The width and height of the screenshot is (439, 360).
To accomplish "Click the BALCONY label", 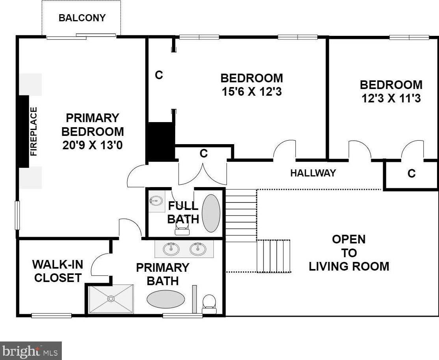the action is (x=82, y=18).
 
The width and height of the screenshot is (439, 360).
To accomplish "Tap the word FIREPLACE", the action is (x=33, y=132).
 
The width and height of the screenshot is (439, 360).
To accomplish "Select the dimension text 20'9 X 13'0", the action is (x=93, y=145).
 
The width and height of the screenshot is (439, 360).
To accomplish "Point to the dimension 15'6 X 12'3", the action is (x=252, y=92).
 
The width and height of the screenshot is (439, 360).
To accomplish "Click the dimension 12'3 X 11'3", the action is (x=391, y=98).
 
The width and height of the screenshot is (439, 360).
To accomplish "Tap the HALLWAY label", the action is (x=313, y=173).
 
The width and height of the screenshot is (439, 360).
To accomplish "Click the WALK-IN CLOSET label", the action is (x=57, y=271).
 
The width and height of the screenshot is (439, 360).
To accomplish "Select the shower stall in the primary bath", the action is (x=111, y=299).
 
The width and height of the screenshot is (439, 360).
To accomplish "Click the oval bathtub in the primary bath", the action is (x=166, y=299).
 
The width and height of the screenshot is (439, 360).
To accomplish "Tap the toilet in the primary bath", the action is (x=209, y=304).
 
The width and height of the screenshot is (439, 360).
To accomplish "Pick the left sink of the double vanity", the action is (x=171, y=249).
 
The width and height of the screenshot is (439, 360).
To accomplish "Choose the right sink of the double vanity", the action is (x=198, y=249).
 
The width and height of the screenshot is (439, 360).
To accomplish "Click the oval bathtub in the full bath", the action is (x=211, y=213).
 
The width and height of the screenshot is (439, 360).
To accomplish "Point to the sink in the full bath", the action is (x=156, y=200).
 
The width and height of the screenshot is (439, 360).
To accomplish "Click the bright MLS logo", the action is (x=31, y=351).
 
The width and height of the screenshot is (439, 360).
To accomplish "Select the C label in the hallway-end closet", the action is (x=411, y=173).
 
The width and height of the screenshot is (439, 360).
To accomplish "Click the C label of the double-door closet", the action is (x=204, y=153).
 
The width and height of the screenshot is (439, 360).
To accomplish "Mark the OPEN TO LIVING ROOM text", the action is (x=349, y=253).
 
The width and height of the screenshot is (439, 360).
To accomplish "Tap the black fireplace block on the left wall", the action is (x=24, y=132).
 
